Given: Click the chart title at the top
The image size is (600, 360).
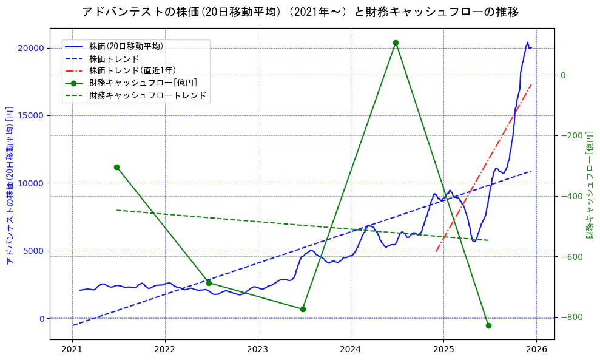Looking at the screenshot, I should [300, 12].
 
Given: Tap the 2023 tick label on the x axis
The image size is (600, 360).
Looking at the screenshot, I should [258, 349].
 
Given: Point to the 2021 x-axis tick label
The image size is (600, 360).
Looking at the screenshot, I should [72, 349].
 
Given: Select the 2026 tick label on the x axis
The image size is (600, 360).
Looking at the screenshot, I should [536, 349].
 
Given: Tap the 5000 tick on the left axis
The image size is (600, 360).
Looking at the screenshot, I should [34, 251].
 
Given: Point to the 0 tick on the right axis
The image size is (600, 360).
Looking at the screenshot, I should [563, 75].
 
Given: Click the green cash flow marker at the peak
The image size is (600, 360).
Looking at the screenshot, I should [396, 43].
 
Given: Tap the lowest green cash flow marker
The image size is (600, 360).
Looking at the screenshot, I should [488, 325].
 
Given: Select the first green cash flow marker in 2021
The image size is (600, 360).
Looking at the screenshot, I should [116, 167].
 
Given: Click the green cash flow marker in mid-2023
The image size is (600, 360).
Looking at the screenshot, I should [303, 309].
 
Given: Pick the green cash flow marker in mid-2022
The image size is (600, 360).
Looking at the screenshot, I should [209, 283].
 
